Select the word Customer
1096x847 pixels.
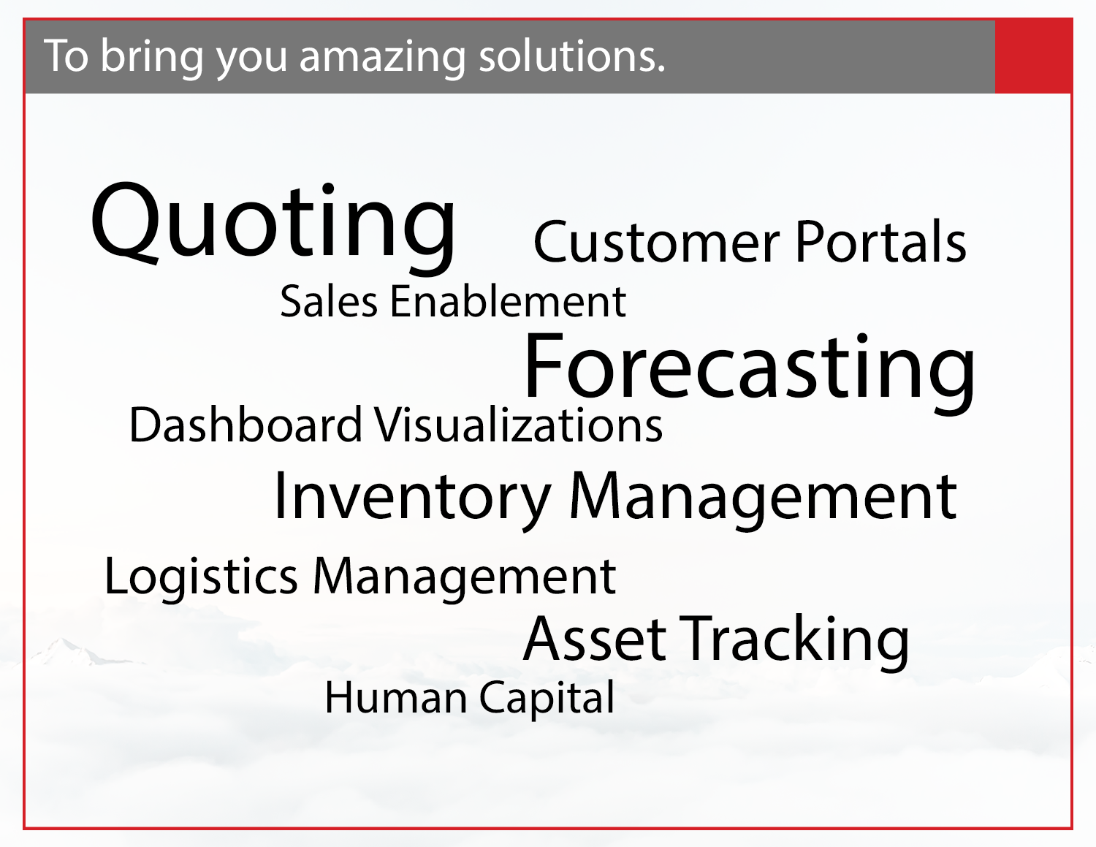point(657,243)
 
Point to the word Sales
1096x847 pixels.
point(329,301)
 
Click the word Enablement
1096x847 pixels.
point(508,301)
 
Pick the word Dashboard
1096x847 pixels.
point(246,425)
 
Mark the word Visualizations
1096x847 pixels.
point(518,425)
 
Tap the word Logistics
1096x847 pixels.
point(201,577)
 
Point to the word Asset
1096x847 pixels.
point(595,639)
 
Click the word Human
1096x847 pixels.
point(395,698)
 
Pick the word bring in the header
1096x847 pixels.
point(152,57)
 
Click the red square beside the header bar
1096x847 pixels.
point(1033,57)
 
